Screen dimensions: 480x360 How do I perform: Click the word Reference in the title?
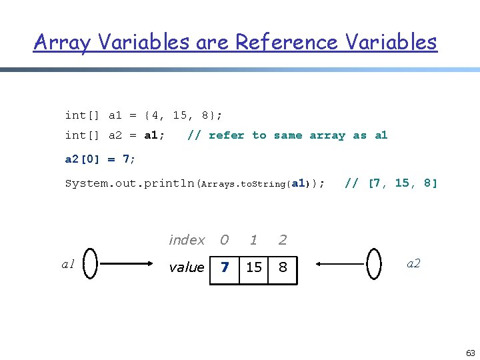click(x=287, y=42)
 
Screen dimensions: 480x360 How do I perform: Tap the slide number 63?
click(x=470, y=353)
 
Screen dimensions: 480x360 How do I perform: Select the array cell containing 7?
click(x=225, y=267)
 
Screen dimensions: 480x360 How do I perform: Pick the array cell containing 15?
click(x=254, y=267)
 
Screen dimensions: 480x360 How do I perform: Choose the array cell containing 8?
click(x=283, y=267)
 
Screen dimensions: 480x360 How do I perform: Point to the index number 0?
click(x=225, y=239)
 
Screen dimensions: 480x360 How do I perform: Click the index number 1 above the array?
click(x=253, y=239)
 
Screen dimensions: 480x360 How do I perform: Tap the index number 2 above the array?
click(x=283, y=239)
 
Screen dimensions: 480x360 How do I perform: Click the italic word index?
click(x=187, y=239)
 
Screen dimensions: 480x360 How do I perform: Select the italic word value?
click(x=187, y=267)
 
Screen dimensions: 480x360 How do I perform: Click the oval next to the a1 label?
click(x=91, y=264)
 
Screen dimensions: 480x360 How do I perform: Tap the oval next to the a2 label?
click(x=375, y=264)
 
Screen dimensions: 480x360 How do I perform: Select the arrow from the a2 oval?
click(x=339, y=265)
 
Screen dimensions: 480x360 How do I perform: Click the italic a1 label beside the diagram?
click(x=68, y=265)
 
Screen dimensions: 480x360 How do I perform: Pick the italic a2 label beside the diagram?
click(x=413, y=263)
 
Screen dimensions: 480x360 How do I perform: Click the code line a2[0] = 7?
click(x=100, y=159)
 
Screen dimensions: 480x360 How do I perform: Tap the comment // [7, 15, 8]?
click(x=391, y=183)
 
